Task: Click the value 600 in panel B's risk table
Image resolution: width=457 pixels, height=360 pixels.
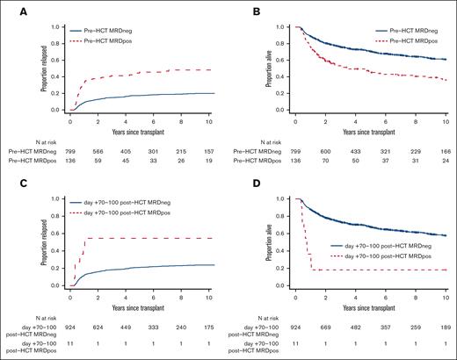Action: tap(329, 153)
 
